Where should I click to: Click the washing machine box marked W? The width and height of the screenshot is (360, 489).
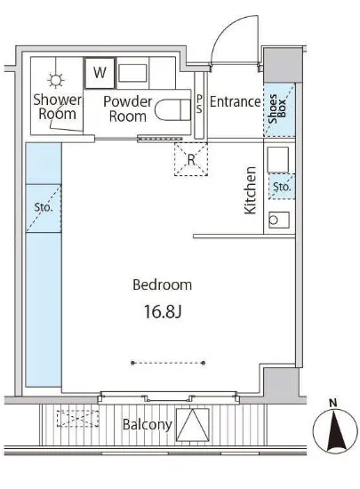[x=100, y=73]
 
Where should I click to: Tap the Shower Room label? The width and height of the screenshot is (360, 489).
[x=57, y=107]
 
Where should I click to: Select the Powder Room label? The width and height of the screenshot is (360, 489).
[x=127, y=108]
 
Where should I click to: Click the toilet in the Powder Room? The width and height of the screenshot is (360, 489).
[x=172, y=109]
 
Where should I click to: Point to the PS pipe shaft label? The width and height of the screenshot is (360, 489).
[x=199, y=104]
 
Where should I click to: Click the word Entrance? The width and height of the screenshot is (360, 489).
[x=235, y=101]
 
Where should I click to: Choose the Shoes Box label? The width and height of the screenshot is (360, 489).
[x=277, y=108]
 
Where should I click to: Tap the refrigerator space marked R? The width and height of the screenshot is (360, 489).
[x=191, y=159]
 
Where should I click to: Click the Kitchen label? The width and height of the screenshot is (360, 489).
[x=251, y=190]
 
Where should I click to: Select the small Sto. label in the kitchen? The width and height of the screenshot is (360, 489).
[x=282, y=187]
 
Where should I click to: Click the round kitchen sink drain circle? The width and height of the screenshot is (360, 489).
[x=274, y=220]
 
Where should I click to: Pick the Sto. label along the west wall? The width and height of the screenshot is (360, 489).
[x=44, y=207]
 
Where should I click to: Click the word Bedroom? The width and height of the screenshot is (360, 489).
[x=162, y=285]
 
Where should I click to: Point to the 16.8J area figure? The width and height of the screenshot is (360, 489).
[x=162, y=311]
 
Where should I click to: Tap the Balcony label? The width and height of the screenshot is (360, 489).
[x=148, y=425]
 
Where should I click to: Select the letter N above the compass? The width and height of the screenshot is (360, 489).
[x=333, y=404]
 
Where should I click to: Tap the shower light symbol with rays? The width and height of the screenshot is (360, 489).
[x=56, y=80]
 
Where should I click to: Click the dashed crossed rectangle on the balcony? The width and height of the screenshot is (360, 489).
[x=77, y=419]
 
